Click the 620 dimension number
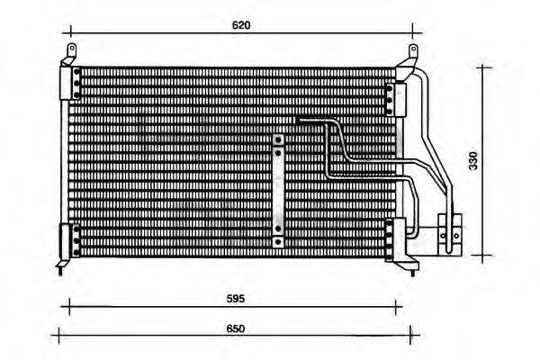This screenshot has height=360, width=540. [x=240, y=25]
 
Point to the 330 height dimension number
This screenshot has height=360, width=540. [x=473, y=160]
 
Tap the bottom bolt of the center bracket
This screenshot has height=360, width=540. [x=279, y=241]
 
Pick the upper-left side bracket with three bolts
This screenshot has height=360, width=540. [x=70, y=82]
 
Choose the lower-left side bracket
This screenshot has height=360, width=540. [x=68, y=240]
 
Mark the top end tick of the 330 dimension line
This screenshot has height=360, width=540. [x=486, y=66]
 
